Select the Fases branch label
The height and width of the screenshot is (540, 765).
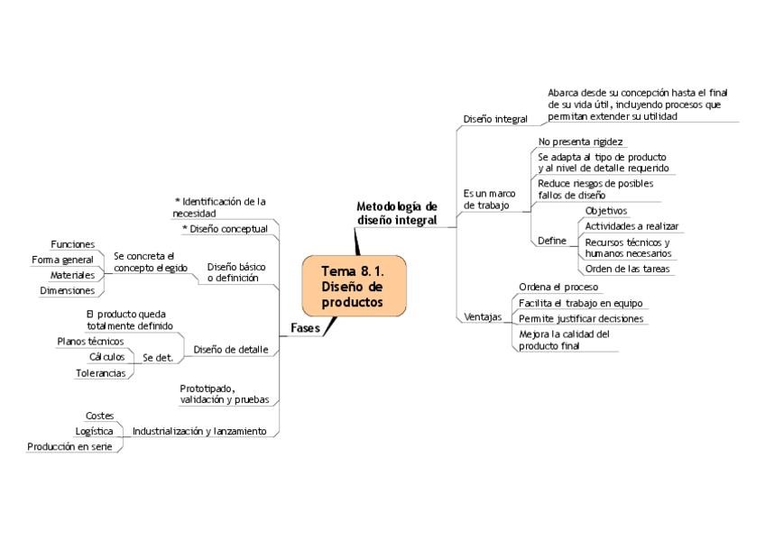coord(305,328)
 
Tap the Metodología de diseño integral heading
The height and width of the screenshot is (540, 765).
coord(397,214)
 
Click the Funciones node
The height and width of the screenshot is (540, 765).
coord(73,244)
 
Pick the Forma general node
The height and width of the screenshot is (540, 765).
coord(62,260)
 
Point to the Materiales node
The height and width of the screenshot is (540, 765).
coord(72,275)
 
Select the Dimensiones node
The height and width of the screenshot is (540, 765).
coord(67,290)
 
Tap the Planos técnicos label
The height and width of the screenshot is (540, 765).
coord(90,342)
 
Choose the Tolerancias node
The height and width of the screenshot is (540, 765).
coord(100,372)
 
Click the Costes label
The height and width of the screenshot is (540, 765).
coord(99,416)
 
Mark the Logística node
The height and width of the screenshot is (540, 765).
coord(94,431)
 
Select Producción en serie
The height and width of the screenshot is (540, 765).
coord(69,446)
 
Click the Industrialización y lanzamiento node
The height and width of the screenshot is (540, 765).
coord(199,432)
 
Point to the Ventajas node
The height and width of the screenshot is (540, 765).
coord(483,317)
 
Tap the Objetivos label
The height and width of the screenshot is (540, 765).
coord(606,211)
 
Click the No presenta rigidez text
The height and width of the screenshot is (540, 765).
coord(580,142)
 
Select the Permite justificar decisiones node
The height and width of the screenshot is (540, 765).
coord(581,319)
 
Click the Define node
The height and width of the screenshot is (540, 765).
coord(552,241)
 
